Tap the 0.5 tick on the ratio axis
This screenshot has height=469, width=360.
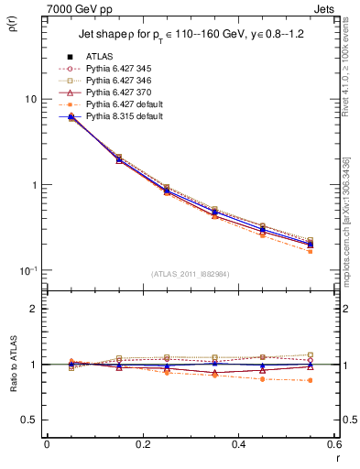tap(31, 420)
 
